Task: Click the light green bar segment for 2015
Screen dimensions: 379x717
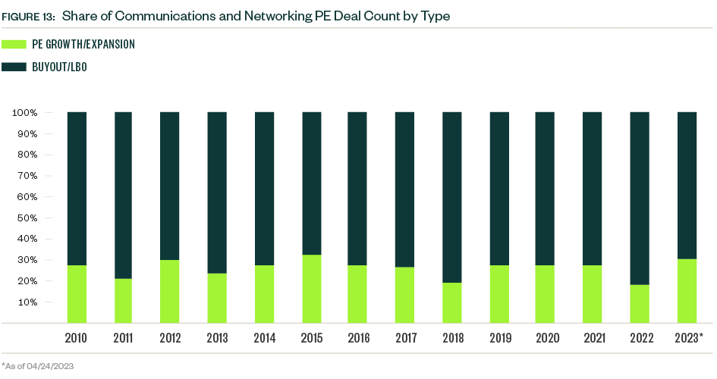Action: tap(312, 289)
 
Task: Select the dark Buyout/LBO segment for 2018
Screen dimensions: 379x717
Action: tap(452, 197)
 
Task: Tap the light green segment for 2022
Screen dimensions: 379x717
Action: tap(640, 304)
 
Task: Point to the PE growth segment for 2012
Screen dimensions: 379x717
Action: tap(169, 291)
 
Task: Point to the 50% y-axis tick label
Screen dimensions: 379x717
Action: tap(27, 218)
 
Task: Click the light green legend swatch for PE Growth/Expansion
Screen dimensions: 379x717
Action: tap(14, 45)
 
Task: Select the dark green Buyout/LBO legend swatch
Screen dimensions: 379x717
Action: tap(14, 67)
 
